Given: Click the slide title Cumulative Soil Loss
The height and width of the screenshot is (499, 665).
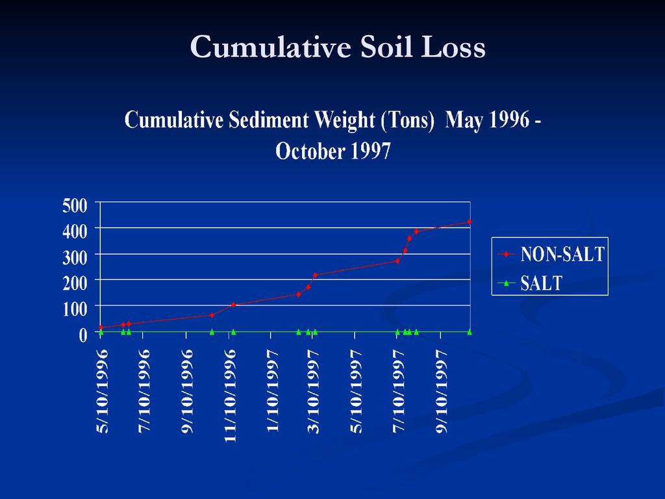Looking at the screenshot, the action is [338, 46].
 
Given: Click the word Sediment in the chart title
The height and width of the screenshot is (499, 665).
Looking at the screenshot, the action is [268, 120].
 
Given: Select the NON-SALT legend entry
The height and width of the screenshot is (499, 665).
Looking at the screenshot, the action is [551, 254].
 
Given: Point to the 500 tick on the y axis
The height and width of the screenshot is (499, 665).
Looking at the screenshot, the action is [75, 205].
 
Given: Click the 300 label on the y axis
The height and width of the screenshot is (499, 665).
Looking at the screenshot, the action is [75, 257].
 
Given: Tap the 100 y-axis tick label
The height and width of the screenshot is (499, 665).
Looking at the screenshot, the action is [75, 309].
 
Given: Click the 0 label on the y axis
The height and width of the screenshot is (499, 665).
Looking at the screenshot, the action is [82, 335].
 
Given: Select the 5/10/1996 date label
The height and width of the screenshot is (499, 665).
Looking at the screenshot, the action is [102, 391].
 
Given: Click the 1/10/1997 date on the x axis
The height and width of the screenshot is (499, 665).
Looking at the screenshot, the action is [272, 391].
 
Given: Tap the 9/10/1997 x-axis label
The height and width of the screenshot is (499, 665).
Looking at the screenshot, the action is [441, 391].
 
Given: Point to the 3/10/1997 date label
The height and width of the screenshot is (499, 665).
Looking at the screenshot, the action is [314, 391].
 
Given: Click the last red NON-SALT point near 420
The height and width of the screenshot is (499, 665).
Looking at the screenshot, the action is [470, 222].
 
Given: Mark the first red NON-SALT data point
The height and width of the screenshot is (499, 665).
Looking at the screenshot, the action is [101, 327].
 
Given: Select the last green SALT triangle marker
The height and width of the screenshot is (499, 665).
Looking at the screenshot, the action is [470, 332].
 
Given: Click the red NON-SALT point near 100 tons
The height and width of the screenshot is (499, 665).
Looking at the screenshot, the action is [233, 305].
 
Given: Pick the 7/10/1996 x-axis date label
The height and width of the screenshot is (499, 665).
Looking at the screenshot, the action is [144, 391].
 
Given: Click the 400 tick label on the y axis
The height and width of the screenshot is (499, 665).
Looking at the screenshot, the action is [75, 232].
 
